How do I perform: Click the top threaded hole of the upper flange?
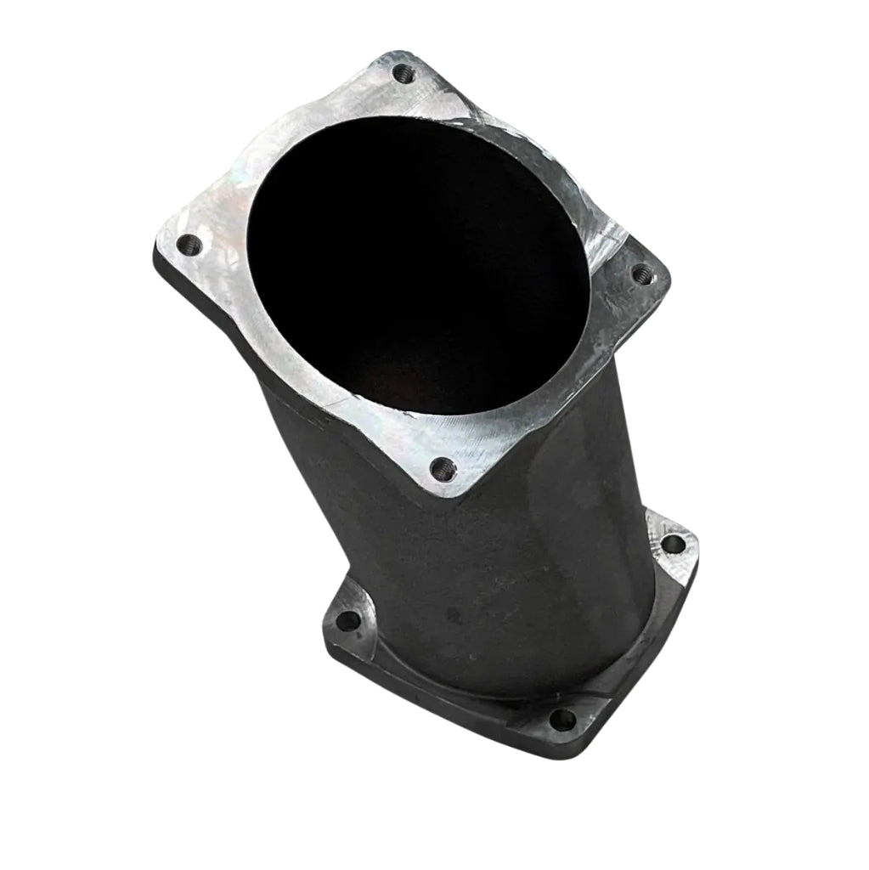(x=405, y=75)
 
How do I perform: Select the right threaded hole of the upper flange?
(x=641, y=274)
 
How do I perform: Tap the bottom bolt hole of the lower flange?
(x=561, y=720)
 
